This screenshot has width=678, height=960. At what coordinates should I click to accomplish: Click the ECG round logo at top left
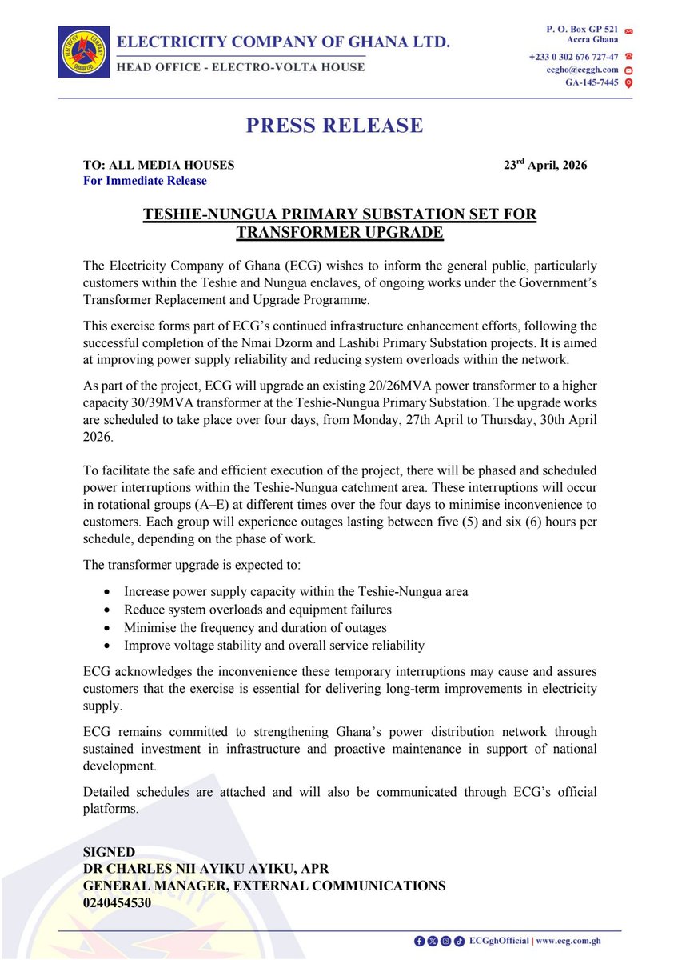pos(82,52)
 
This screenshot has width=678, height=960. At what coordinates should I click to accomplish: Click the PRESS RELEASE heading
pos(334,126)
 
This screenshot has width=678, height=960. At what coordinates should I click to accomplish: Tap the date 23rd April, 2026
pos(545,166)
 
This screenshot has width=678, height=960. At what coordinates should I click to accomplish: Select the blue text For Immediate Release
pos(145,181)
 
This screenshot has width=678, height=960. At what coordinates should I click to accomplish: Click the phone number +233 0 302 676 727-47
pos(573,57)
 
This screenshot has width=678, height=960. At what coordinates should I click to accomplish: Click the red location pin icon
pos(628,83)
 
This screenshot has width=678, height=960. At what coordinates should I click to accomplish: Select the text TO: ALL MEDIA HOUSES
pos(158,166)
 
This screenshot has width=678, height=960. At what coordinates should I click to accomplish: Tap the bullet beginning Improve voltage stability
pos(274,645)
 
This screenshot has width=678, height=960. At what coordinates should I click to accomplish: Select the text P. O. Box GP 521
pos(580,30)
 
